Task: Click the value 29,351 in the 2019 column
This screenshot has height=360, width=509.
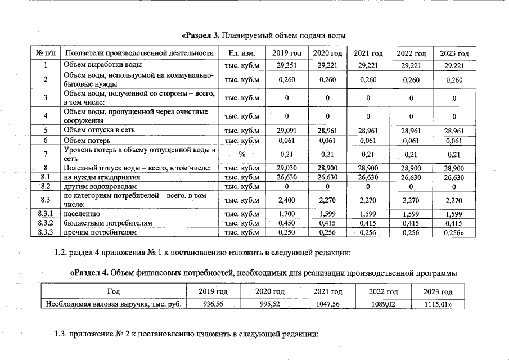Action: pos(287,65)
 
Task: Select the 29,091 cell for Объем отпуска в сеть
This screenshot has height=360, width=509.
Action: pos(287,130)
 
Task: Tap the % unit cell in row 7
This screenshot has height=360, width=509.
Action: pos(242,154)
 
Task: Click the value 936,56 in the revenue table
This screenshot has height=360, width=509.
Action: pos(213,304)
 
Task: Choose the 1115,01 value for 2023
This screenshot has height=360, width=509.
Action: pos(440,304)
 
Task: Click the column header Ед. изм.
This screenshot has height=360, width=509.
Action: pos(242,53)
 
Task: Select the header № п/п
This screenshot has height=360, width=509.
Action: pos(46,53)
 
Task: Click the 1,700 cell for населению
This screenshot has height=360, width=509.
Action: pos(287,214)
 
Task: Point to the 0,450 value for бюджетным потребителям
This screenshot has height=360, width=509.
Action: pos(287,223)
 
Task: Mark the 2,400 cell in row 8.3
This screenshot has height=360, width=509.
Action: pos(287,200)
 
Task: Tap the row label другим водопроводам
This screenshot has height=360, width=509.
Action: pos(100,186)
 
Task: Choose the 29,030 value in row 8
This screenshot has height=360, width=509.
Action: pos(287,168)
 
